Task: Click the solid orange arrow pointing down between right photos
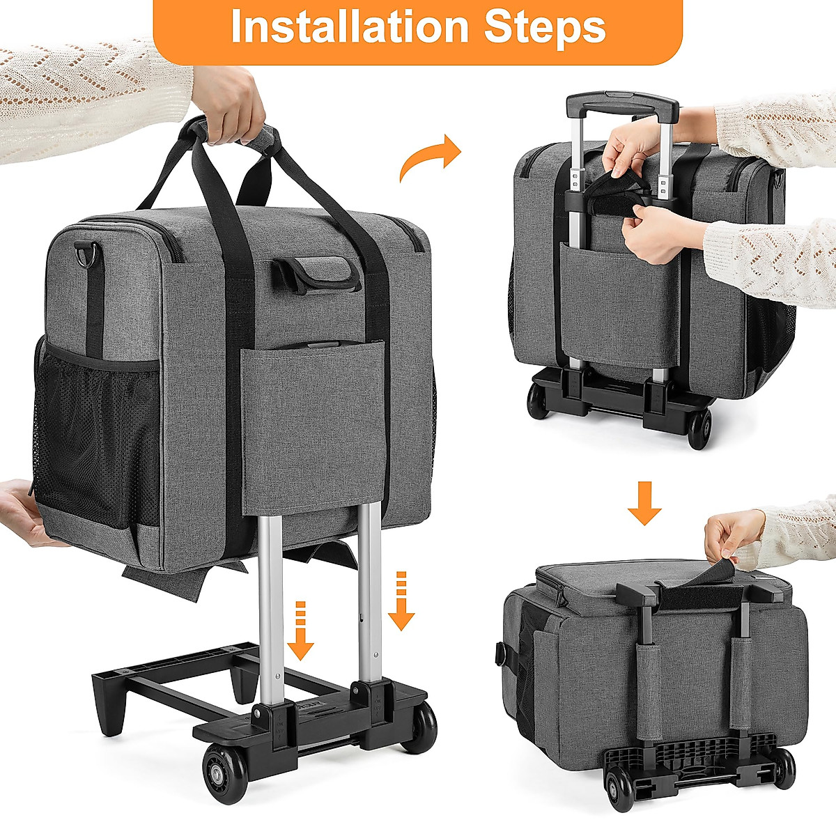644,502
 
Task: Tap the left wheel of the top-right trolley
539,401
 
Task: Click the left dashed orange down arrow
300,630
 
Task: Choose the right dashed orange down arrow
401,600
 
